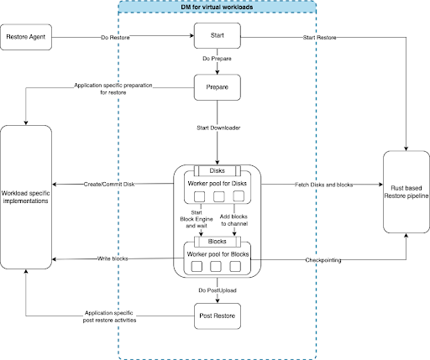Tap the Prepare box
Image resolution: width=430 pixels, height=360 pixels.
tap(218, 86)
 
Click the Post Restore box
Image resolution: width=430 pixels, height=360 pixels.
tap(218, 316)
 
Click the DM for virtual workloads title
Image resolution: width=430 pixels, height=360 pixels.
tap(218, 8)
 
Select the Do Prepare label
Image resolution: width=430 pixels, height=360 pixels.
tap(218, 60)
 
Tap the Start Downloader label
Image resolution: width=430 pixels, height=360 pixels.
tap(218, 128)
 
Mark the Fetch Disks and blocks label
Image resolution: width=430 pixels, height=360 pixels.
tap(322, 183)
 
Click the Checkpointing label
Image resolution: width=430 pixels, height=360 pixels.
tap(323, 259)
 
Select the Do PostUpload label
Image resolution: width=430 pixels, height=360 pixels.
tap(218, 290)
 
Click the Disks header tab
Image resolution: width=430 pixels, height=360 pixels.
tap(218, 170)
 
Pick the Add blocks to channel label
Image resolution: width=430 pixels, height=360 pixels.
tap(235, 221)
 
